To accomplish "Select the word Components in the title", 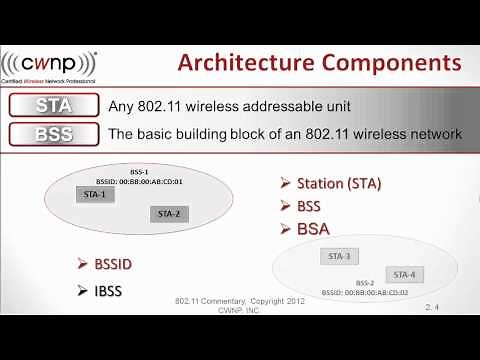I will (x=395, y=64).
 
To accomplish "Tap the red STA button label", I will (x=53, y=105).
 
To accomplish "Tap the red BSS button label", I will (x=53, y=133).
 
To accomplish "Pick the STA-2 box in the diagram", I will (x=168, y=213).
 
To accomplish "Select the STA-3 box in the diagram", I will (x=339, y=256).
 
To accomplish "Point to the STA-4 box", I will (x=405, y=274).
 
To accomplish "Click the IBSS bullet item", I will (x=104, y=290).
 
